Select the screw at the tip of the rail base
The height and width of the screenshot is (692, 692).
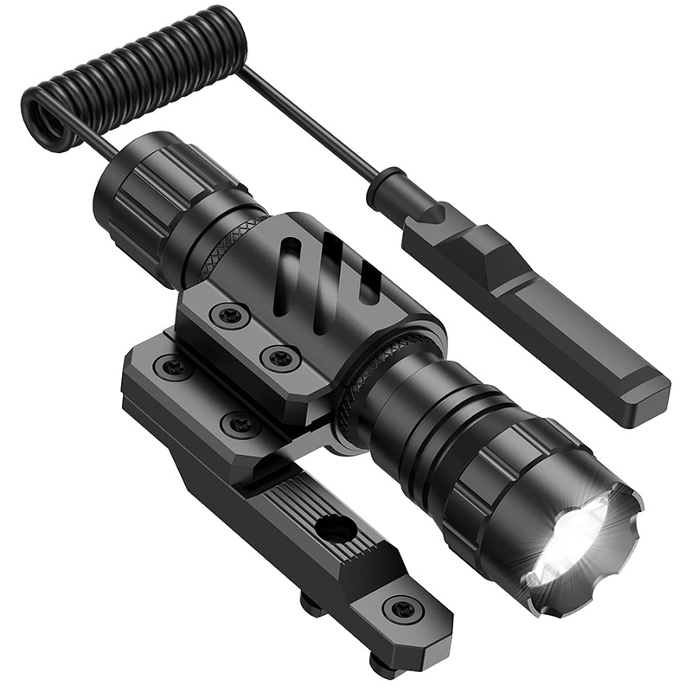click(403, 610)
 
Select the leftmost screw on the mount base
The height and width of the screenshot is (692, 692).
click(173, 367)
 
